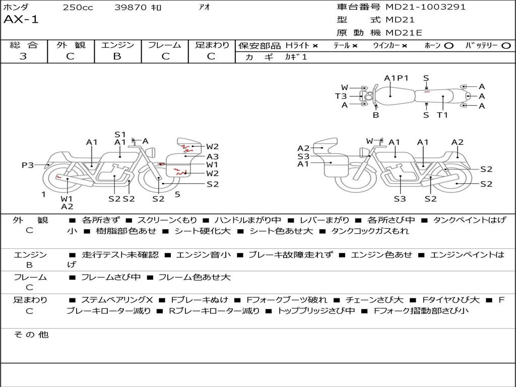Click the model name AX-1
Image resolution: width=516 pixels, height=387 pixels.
pos(21,20)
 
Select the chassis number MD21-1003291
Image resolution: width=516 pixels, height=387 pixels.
pos(425,7)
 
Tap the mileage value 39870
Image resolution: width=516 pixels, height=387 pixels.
pos(131,7)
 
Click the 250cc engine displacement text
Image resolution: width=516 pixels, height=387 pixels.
pos(78,7)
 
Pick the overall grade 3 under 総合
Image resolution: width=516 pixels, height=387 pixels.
pos(23,56)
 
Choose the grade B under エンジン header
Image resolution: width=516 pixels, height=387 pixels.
pos(117,56)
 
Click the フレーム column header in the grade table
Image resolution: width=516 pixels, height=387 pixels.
pos(165,45)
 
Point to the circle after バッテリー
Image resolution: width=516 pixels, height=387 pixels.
pos(506,46)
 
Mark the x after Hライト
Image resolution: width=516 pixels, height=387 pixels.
pos(315,46)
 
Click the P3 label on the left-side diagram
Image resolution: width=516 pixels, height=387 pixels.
pos(28,165)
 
